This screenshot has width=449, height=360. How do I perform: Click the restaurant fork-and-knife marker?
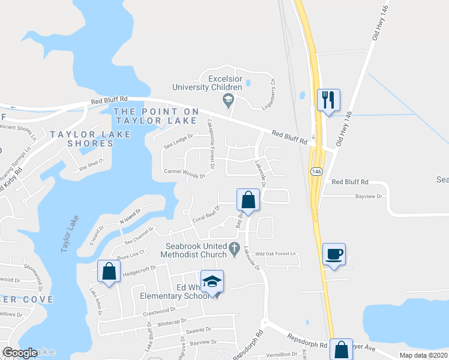328,100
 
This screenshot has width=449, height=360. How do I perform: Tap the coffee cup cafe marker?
333,254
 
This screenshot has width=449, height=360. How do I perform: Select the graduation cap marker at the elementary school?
212,282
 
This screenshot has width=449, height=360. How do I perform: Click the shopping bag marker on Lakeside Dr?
248,199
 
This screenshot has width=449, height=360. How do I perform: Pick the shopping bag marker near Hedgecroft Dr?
109,271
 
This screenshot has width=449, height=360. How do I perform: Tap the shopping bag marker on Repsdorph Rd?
341,349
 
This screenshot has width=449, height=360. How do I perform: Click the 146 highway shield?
316,172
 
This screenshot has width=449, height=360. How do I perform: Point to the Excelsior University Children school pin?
228,100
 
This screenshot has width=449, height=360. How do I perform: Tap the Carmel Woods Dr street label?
185,173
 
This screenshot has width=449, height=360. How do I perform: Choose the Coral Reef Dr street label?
206,214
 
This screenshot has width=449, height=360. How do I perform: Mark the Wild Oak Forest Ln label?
276,254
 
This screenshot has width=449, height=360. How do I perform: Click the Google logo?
20,353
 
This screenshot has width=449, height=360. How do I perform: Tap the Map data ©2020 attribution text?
423,355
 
